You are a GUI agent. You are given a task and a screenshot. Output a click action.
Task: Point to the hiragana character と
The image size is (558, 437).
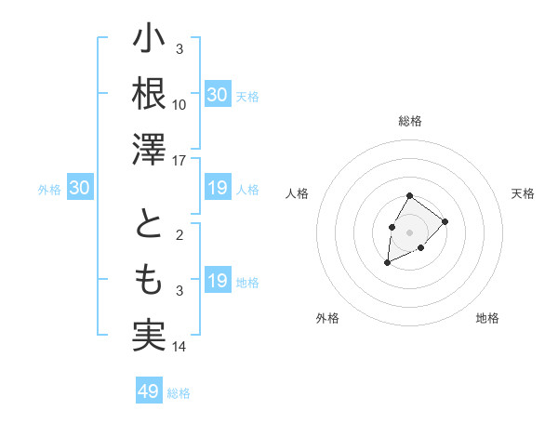pyautogui.click(x=149, y=226)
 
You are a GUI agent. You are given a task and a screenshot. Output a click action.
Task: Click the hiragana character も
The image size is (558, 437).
pyautogui.click(x=149, y=279)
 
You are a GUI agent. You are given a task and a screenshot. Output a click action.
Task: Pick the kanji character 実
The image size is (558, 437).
pyautogui.click(x=149, y=335)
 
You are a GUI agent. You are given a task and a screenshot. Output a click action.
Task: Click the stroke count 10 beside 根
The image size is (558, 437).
pyautogui.click(x=179, y=104)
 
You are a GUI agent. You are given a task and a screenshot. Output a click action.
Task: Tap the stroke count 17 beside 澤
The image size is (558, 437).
pyautogui.click(x=179, y=161)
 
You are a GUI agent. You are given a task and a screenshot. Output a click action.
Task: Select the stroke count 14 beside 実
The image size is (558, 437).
pyautogui.click(x=179, y=347)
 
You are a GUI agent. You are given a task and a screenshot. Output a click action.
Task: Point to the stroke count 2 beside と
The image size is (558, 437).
pyautogui.click(x=179, y=236)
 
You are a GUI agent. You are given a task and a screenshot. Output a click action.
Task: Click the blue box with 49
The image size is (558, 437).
pyautogui.click(x=149, y=391)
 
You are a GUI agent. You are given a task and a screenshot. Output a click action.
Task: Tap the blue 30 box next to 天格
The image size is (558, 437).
pyautogui.click(x=217, y=95)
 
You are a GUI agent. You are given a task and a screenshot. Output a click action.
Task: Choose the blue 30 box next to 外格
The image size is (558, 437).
pyautogui.click(x=79, y=189)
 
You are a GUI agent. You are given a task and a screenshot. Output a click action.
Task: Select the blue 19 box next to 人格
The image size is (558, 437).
pyautogui.click(x=217, y=189)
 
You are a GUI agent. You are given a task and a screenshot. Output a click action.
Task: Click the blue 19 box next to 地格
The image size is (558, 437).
pyautogui.click(x=217, y=281)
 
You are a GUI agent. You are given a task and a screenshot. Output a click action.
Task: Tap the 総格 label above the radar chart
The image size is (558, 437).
pyautogui.click(x=410, y=121)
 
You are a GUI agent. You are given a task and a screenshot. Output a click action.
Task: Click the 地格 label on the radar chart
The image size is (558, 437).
pyautogui.click(x=487, y=318)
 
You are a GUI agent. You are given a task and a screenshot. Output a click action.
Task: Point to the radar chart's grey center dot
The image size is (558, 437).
pyautogui.click(x=409, y=231)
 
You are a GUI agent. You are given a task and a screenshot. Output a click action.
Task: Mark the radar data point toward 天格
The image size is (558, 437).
pyautogui.click(x=445, y=221)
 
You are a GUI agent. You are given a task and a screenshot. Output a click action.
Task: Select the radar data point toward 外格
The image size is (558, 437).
pyautogui.click(x=388, y=263)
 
